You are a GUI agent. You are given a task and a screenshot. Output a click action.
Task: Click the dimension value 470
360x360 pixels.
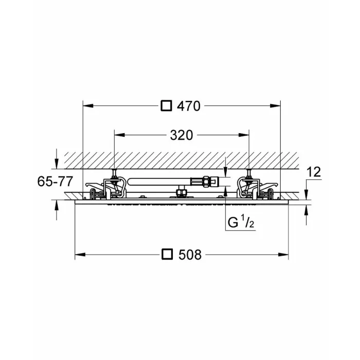189,106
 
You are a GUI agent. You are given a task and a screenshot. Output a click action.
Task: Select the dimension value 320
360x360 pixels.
182,135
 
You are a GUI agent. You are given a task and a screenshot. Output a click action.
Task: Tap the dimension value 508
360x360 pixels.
190,255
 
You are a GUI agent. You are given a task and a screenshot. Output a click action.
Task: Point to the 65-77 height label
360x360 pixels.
55,182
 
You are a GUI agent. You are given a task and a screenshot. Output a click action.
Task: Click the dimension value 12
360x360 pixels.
314,172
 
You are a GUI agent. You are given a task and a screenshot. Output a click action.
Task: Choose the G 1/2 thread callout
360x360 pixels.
241,222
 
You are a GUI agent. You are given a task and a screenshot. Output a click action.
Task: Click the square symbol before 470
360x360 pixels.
166,105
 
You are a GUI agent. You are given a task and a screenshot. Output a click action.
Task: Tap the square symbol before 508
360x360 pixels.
167,254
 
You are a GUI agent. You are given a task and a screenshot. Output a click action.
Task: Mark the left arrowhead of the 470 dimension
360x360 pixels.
88,106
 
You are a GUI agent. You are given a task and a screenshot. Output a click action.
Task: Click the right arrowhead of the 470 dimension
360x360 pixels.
275,106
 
